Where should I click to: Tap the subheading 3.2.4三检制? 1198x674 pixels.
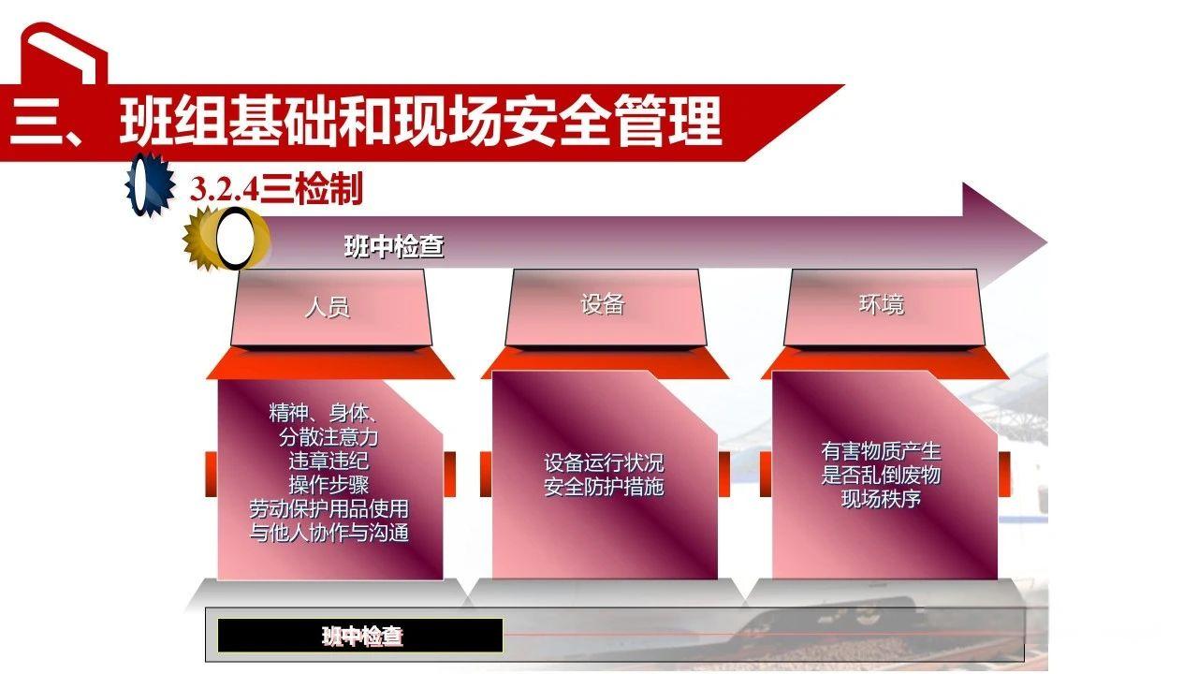coord(276,190)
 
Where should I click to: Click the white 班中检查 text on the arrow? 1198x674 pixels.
coord(394,247)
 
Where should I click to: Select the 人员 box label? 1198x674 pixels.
coord(328,307)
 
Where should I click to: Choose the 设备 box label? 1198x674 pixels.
coord(602,304)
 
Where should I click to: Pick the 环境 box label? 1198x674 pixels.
coord(882,304)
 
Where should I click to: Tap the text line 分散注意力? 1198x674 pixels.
coord(329,437)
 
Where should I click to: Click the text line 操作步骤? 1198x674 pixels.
coord(329,485)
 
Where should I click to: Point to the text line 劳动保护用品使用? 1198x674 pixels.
coord(329,509)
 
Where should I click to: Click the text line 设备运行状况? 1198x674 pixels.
coord(604,462)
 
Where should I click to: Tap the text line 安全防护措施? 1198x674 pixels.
coord(604,487)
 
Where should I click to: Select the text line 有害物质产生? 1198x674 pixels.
coord(881,451)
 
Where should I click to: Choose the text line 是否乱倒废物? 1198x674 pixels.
coord(881,475)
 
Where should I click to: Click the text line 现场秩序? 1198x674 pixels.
coord(881,499)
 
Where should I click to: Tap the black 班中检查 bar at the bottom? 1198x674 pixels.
coord(361,637)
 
